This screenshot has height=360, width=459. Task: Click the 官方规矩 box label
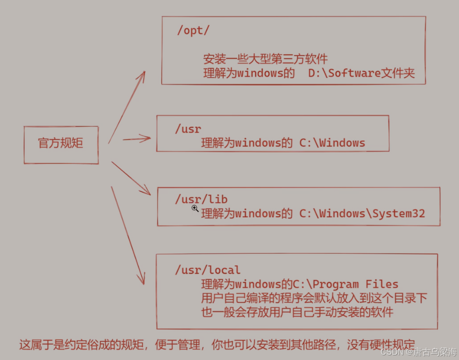(x=60, y=143)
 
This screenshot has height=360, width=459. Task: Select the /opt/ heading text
(x=193, y=30)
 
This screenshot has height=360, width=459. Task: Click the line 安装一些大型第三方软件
(x=266, y=59)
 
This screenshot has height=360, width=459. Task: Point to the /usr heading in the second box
(x=188, y=129)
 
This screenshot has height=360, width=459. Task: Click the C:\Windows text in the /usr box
(x=332, y=143)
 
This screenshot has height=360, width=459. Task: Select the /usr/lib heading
(x=201, y=199)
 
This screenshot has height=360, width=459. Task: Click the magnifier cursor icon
(x=195, y=208)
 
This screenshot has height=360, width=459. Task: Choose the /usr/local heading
(x=208, y=270)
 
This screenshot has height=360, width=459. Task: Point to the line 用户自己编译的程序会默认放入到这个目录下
(x=314, y=298)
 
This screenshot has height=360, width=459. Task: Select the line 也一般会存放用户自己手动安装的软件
(x=297, y=312)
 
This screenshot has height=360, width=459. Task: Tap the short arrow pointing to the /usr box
(x=137, y=138)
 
